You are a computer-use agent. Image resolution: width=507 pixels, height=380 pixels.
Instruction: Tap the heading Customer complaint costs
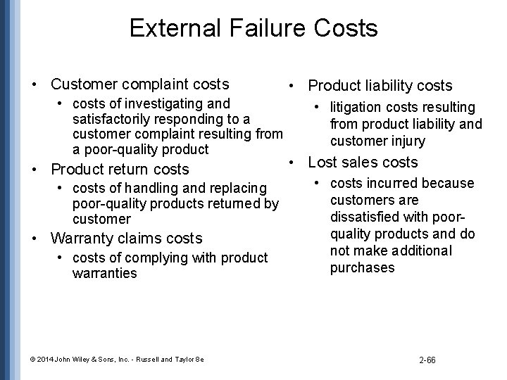tap(139, 84)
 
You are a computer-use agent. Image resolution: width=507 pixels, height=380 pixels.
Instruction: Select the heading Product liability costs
tap(380, 86)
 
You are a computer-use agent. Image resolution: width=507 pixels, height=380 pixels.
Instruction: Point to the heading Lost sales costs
tap(363, 163)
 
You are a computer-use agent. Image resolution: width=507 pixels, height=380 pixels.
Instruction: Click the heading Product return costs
tap(120, 169)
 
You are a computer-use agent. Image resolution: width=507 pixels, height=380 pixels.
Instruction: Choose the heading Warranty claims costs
tap(127, 238)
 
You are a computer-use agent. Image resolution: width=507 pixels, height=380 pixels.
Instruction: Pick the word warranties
tap(104, 273)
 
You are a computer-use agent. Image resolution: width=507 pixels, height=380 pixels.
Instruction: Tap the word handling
tap(149, 189)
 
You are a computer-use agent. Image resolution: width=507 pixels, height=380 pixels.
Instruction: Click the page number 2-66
tap(427, 360)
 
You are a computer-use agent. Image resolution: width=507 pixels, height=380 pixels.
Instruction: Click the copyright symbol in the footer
tap(34, 359)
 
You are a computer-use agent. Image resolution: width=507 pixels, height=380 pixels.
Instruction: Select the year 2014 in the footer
tap(45, 359)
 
